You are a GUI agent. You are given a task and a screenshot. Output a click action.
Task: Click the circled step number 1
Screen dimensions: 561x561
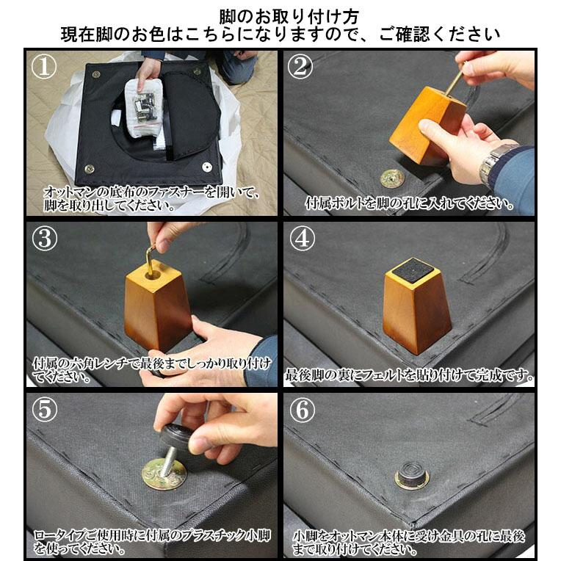pos(46,67)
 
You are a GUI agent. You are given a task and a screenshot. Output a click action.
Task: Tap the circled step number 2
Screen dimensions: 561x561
pos(301,67)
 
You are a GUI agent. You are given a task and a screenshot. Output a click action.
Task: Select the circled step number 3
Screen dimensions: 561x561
pos(46,239)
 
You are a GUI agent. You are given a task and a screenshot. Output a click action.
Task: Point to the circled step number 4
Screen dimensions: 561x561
pos(301,239)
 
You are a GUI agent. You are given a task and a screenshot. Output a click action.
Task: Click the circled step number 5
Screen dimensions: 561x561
pos(46,410)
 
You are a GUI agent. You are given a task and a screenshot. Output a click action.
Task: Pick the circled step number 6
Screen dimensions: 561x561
pos(301,410)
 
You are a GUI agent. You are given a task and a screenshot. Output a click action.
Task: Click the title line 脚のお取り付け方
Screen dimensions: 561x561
pos(280,15)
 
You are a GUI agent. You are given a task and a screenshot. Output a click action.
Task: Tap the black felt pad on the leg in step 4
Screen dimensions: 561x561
pos(413,271)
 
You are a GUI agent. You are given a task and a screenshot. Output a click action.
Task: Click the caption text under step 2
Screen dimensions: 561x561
pos(409,203)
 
